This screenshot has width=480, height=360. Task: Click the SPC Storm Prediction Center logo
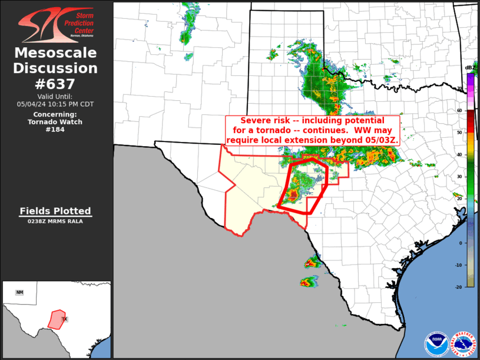[56, 24]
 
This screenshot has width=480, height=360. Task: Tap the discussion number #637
[56, 84]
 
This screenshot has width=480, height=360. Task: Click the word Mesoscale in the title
[56, 53]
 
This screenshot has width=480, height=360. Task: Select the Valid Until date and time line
[56, 104]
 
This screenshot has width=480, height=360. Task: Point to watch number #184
[56, 130]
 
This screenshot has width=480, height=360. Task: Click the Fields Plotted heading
[55, 211]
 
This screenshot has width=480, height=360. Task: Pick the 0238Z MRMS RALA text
[55, 222]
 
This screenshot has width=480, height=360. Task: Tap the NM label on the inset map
[19, 292]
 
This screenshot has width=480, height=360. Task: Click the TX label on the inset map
[65, 319]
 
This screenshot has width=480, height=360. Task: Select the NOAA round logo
[436, 344]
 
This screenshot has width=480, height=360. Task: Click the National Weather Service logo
[463, 344]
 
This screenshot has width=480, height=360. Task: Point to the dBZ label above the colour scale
[470, 67]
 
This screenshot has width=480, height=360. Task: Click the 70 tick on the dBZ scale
[460, 88]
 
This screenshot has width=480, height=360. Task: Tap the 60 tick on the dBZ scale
[460, 110]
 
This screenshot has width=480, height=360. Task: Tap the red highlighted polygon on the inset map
[57, 319]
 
